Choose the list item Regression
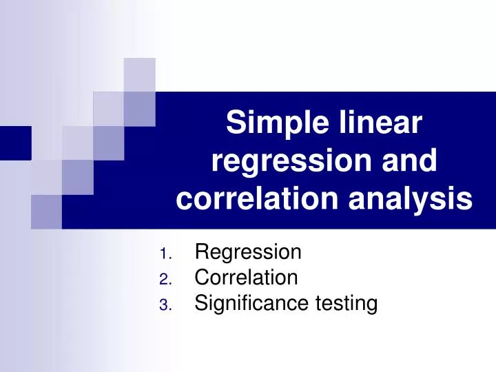[248, 252]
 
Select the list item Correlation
[246, 278]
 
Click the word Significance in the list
[249, 303]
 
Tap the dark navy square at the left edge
[15, 143]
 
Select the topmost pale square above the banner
[139, 74]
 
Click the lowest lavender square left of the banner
[46, 211]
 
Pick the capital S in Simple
[235, 124]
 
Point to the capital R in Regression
[202, 252]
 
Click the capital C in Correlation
[202, 278]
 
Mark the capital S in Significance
[201, 303]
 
